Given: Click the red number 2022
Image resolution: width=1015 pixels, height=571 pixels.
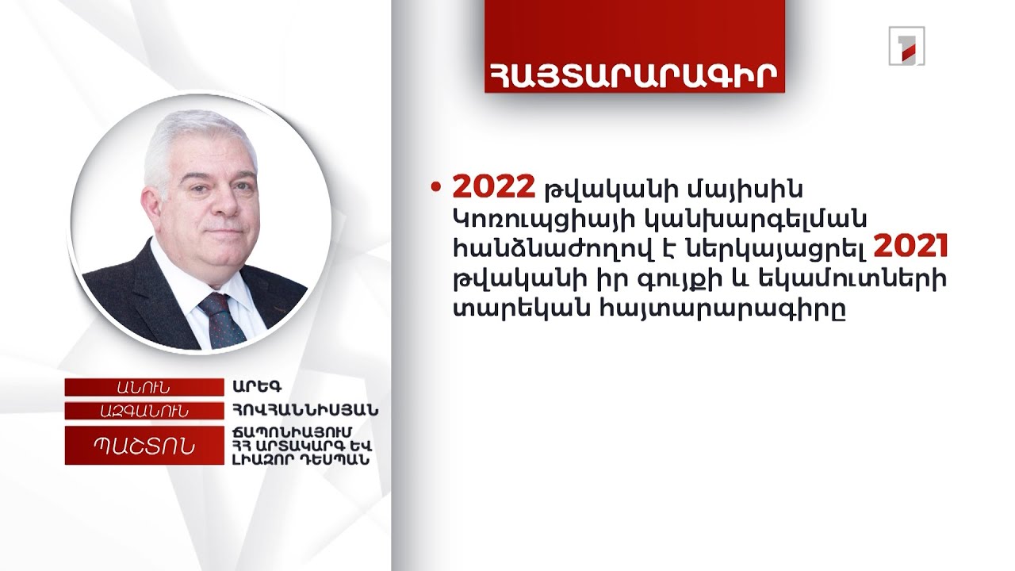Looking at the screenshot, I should click(492, 188).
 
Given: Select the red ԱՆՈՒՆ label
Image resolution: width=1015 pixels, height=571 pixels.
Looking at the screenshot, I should click(144, 387).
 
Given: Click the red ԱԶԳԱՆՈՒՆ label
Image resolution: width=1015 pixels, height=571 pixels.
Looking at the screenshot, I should click(144, 410).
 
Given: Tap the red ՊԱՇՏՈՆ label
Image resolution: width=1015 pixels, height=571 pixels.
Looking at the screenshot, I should click(144, 445).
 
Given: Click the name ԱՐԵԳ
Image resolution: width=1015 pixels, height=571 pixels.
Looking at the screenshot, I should click(247, 387).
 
